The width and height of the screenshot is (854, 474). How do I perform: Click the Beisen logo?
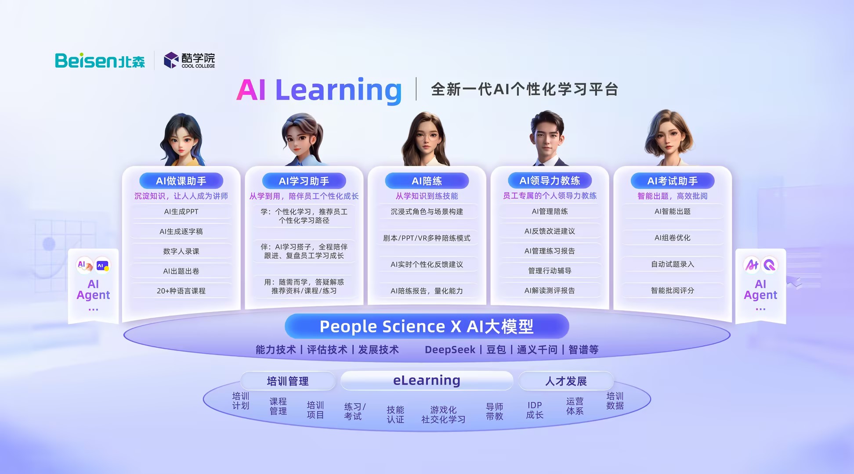point(100,61)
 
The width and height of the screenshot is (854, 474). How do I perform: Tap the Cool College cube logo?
point(171,60)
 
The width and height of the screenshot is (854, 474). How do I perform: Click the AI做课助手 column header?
point(181,181)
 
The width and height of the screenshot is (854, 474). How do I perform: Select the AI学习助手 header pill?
point(304,181)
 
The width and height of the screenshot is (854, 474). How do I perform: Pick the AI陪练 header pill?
point(427,181)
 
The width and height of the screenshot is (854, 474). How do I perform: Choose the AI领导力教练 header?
point(550,180)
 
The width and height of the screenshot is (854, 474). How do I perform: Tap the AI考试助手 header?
point(673,181)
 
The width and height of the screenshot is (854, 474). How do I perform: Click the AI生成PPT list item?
point(181,212)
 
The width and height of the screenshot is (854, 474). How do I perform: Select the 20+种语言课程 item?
point(181,291)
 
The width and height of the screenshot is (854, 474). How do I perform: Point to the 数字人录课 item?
point(181,251)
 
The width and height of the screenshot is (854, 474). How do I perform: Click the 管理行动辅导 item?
point(550,271)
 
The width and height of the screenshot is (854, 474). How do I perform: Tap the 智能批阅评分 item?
point(673,291)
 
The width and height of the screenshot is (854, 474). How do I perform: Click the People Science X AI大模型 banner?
point(427,327)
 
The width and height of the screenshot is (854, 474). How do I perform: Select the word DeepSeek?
point(450,350)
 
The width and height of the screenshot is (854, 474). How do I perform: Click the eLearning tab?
point(427,381)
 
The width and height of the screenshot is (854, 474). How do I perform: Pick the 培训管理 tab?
point(288,381)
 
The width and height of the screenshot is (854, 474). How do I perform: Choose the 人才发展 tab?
point(566,381)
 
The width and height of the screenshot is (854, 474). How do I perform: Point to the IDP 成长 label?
point(535,410)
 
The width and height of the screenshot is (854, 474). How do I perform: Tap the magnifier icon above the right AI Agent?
point(770,265)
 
